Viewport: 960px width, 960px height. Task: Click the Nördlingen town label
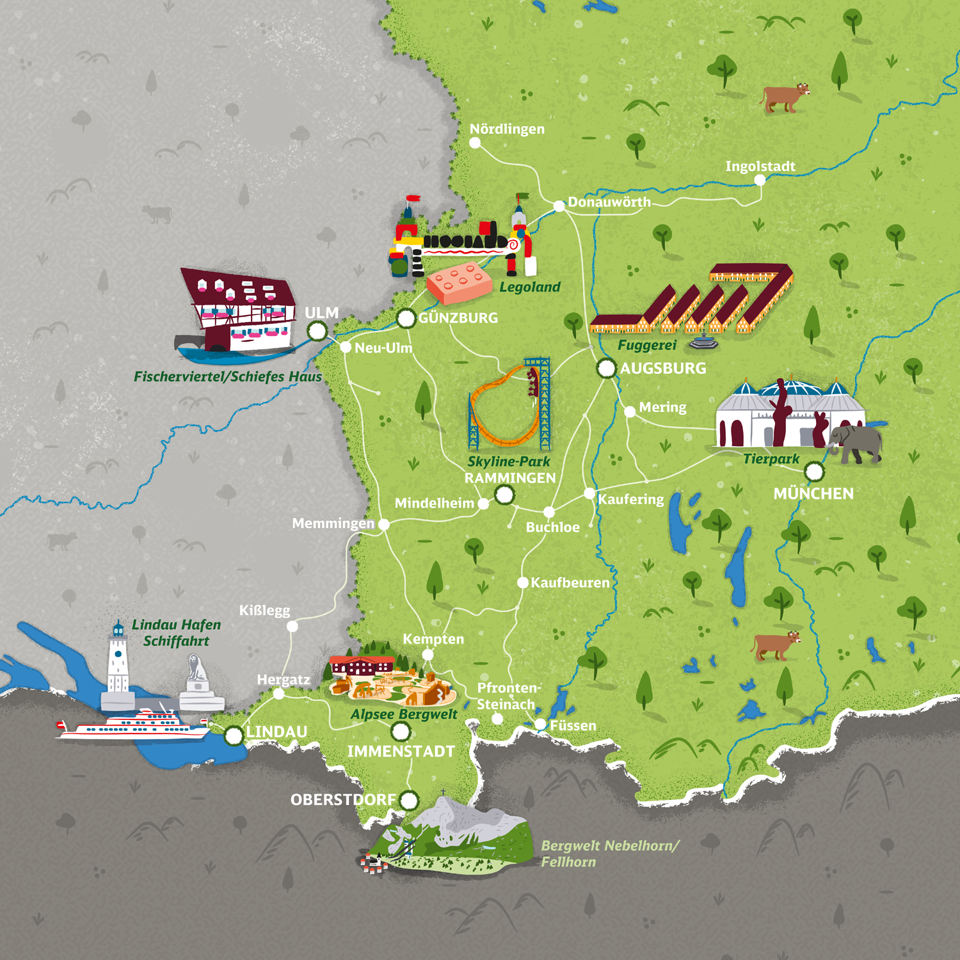pos(507,129)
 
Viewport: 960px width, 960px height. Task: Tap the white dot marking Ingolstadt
pos(760,180)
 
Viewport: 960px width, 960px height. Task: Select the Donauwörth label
pos(609,202)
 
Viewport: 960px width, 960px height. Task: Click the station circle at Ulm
pos(317,331)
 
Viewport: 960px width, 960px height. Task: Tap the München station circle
pos(814,472)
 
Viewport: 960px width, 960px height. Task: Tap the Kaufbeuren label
pos(570,583)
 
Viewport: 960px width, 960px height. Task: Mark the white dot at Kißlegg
pos(292,627)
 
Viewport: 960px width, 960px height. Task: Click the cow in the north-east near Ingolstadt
pos(785,98)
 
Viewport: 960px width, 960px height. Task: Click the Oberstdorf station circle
pos(409,799)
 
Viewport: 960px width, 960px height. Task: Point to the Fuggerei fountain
pos(703,342)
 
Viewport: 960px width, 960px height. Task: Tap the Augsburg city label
pos(663,369)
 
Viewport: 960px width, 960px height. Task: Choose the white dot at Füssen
pos(540,724)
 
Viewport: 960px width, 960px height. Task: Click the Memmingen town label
pos(333,524)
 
